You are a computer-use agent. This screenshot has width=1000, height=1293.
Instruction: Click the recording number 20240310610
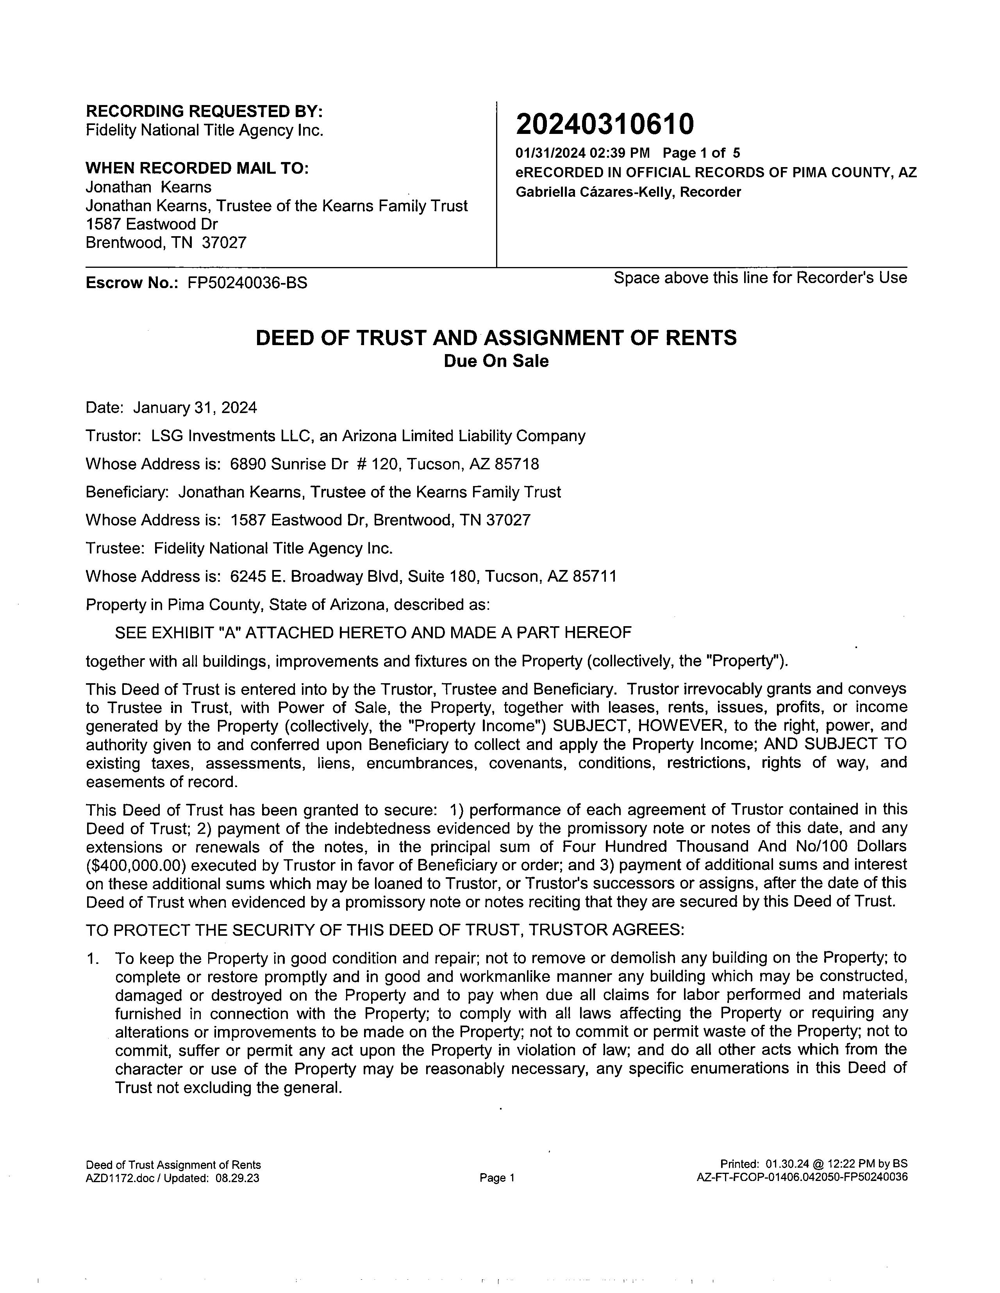click(604, 124)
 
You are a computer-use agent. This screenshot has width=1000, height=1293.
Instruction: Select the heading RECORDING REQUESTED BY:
click(204, 111)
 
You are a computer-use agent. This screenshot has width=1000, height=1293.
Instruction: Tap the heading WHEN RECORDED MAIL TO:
click(197, 168)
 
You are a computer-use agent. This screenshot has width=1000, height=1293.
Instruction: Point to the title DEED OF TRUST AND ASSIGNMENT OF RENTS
click(496, 337)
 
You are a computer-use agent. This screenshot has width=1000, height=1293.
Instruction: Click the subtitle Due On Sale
click(496, 361)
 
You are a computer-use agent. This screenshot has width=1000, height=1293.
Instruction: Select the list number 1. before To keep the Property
click(93, 958)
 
